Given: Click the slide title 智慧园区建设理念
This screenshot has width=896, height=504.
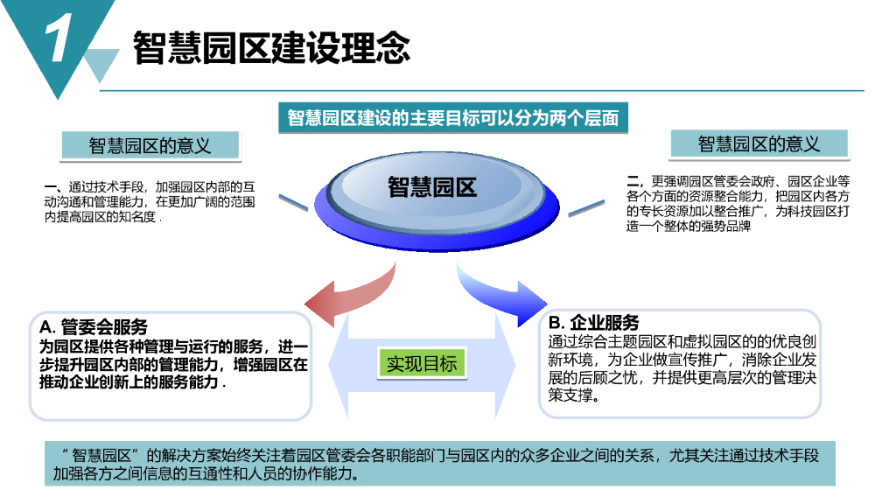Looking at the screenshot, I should pyautogui.click(x=271, y=47).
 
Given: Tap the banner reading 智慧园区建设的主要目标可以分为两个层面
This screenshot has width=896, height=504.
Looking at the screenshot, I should pyautogui.click(x=452, y=118).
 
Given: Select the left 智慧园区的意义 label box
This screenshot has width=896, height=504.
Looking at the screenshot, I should pyautogui.click(x=150, y=145).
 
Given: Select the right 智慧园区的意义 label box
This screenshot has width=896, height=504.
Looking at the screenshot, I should pyautogui.click(x=759, y=143).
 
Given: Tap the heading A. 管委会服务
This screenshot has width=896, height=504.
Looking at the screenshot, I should pyautogui.click(x=94, y=327).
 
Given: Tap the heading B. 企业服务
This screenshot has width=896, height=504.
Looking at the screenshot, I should pyautogui.click(x=593, y=322).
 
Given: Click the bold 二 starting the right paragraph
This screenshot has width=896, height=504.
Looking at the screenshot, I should pyautogui.click(x=635, y=180).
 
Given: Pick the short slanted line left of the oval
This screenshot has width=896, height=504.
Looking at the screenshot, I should pyautogui.click(x=294, y=204).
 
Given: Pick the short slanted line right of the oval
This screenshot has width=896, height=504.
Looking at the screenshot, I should pyautogui.click(x=586, y=208).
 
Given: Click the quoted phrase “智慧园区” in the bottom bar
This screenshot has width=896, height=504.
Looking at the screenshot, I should pyautogui.click(x=103, y=456).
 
